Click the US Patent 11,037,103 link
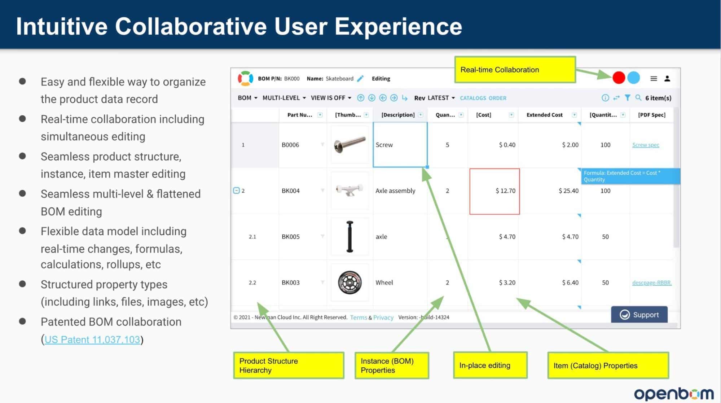pyautogui.click(x=92, y=340)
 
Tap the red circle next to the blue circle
pyautogui.click(x=619, y=78)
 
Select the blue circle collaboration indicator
pyautogui.click(x=634, y=78)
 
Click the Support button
pyautogui.click(x=639, y=315)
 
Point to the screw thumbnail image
pyautogui.click(x=349, y=144)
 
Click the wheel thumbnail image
pyautogui.click(x=349, y=282)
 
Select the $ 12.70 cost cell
pyautogui.click(x=494, y=191)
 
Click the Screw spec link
pyautogui.click(x=646, y=145)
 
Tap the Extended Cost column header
pyautogui.click(x=544, y=115)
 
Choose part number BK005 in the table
pyautogui.click(x=291, y=237)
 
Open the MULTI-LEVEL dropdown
pyautogui.click(x=284, y=98)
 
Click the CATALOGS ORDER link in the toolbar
pyautogui.click(x=483, y=98)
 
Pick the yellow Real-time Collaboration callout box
pyautogui.click(x=515, y=70)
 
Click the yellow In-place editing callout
pyautogui.click(x=490, y=365)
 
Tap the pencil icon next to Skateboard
pyautogui.click(x=360, y=78)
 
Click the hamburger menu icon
pyautogui.click(x=654, y=78)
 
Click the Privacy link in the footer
pyautogui.click(x=383, y=317)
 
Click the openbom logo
pyautogui.click(x=674, y=394)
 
